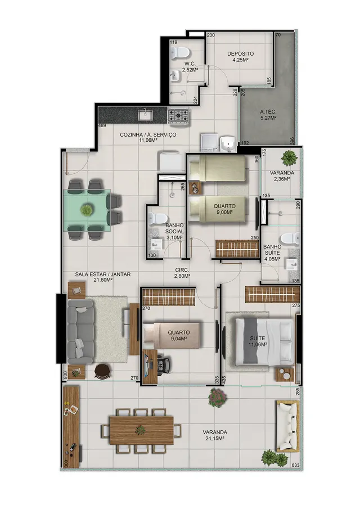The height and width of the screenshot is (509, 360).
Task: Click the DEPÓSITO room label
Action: [x=241, y=53]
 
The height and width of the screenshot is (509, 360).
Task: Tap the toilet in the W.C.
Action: [x=180, y=53]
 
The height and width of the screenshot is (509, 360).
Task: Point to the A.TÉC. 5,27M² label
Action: [x=268, y=115]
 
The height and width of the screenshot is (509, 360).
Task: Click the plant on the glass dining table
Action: [x=87, y=210]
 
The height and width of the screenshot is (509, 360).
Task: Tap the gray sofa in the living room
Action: [x=80, y=332]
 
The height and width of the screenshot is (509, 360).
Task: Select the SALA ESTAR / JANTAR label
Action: [x=103, y=274]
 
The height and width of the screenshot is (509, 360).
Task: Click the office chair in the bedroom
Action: [x=164, y=364]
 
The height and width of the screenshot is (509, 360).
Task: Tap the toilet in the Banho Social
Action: [x=157, y=219]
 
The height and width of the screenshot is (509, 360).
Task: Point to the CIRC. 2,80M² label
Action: [x=182, y=273]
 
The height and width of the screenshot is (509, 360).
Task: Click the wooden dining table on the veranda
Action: [x=142, y=430]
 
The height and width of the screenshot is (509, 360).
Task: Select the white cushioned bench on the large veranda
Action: [x=287, y=426]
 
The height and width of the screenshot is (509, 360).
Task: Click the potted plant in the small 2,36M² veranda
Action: [x=289, y=159]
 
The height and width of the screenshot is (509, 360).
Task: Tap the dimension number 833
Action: [x=296, y=466]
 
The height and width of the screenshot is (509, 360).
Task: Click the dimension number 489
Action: [x=102, y=126]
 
